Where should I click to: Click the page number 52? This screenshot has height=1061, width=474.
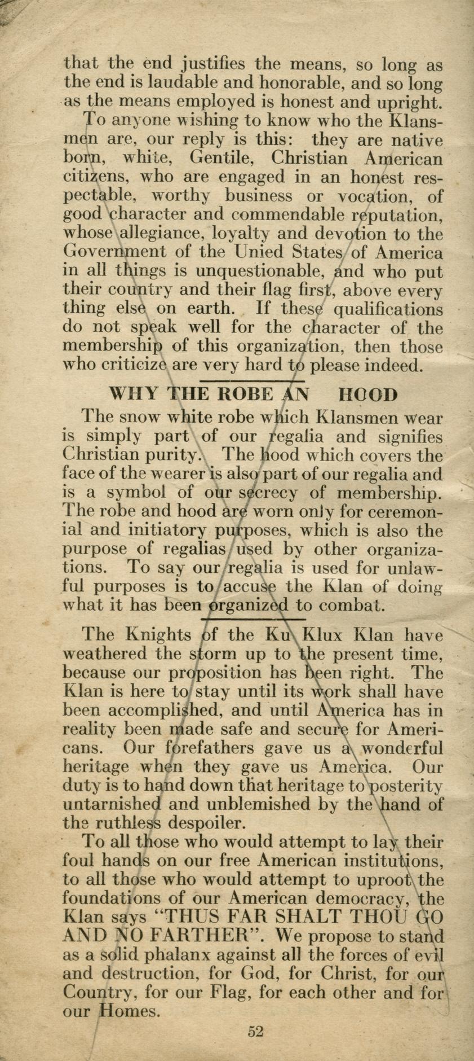255,1031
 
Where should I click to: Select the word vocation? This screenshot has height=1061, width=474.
382,196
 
